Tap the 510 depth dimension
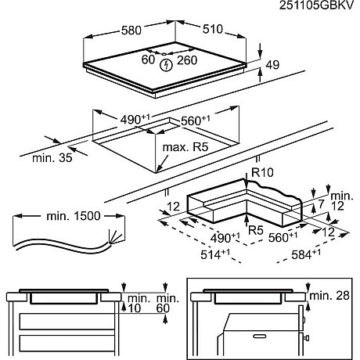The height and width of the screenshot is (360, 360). tap(212, 31)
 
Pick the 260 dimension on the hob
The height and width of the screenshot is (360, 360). tap(188, 59)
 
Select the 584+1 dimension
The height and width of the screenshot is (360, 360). tap(308, 254)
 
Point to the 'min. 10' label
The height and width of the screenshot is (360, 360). tap(138, 304)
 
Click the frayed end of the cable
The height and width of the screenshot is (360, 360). tap(114, 234)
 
